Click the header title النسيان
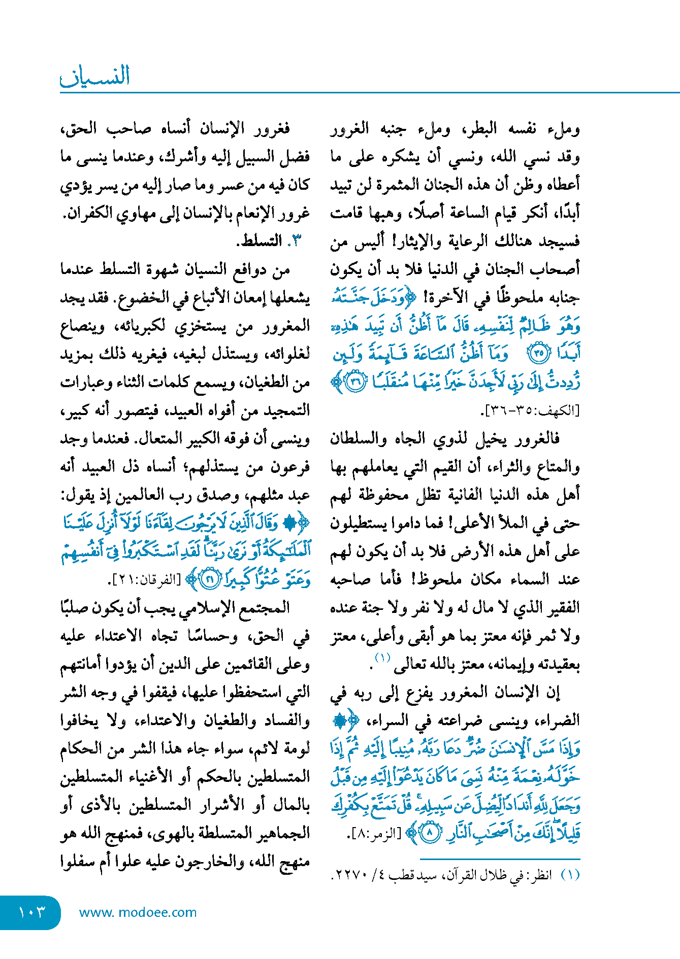click(95, 76)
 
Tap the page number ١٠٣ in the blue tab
click(31, 912)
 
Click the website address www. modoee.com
click(138, 912)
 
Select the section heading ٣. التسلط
click(269, 241)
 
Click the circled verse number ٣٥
click(539, 353)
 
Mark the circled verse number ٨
click(430, 833)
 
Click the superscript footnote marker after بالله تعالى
click(382, 658)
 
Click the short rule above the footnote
click(500, 859)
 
